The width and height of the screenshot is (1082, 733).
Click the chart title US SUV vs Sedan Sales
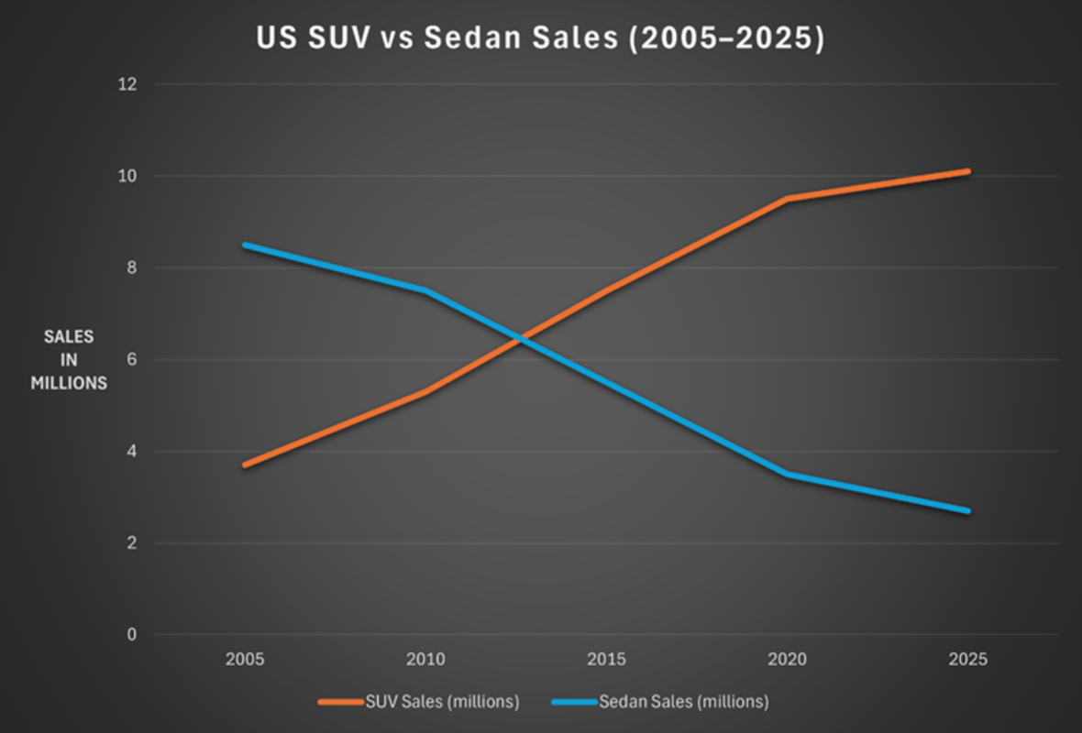(540, 39)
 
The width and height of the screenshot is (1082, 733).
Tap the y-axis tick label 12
(127, 84)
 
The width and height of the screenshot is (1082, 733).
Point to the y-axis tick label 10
(127, 176)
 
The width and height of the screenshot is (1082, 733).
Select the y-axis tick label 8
(131, 268)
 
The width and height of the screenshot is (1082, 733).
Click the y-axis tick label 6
(131, 359)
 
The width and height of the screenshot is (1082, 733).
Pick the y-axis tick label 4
(131, 451)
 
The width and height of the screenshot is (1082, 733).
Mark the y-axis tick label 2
(131, 542)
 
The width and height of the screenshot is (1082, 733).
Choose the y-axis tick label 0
(131, 634)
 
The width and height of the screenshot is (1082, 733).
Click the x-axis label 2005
(245, 660)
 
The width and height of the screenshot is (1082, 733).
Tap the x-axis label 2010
(425, 660)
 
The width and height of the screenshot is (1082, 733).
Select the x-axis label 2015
(606, 660)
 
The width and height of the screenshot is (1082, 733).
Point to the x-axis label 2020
(787, 660)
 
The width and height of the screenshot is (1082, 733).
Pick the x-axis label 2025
(968, 660)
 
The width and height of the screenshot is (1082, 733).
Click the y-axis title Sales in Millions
(69, 360)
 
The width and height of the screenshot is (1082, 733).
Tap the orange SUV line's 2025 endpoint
(967, 171)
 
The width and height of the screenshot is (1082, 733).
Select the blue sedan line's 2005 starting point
(245, 245)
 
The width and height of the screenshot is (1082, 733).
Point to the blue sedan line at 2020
(787, 474)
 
